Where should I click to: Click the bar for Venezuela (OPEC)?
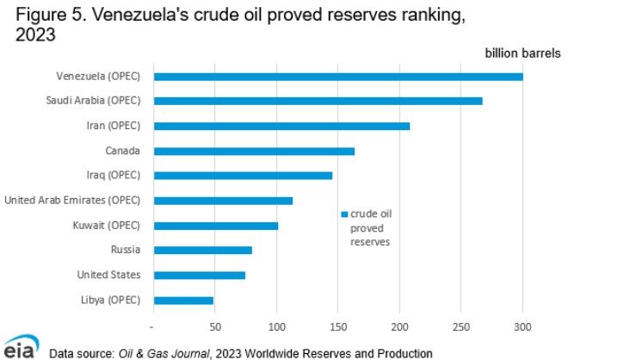click(x=337, y=77)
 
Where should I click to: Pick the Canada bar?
click(x=254, y=151)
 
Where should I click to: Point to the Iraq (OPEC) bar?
click(x=243, y=176)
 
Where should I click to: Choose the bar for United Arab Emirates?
click(x=223, y=201)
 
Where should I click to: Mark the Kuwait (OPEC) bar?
click(x=215, y=226)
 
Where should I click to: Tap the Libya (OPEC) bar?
click(x=183, y=301)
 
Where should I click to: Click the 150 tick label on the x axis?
click(x=338, y=327)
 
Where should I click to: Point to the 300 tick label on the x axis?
click(x=522, y=327)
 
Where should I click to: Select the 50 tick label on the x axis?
click(x=215, y=327)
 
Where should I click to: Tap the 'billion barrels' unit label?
click(x=524, y=53)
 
